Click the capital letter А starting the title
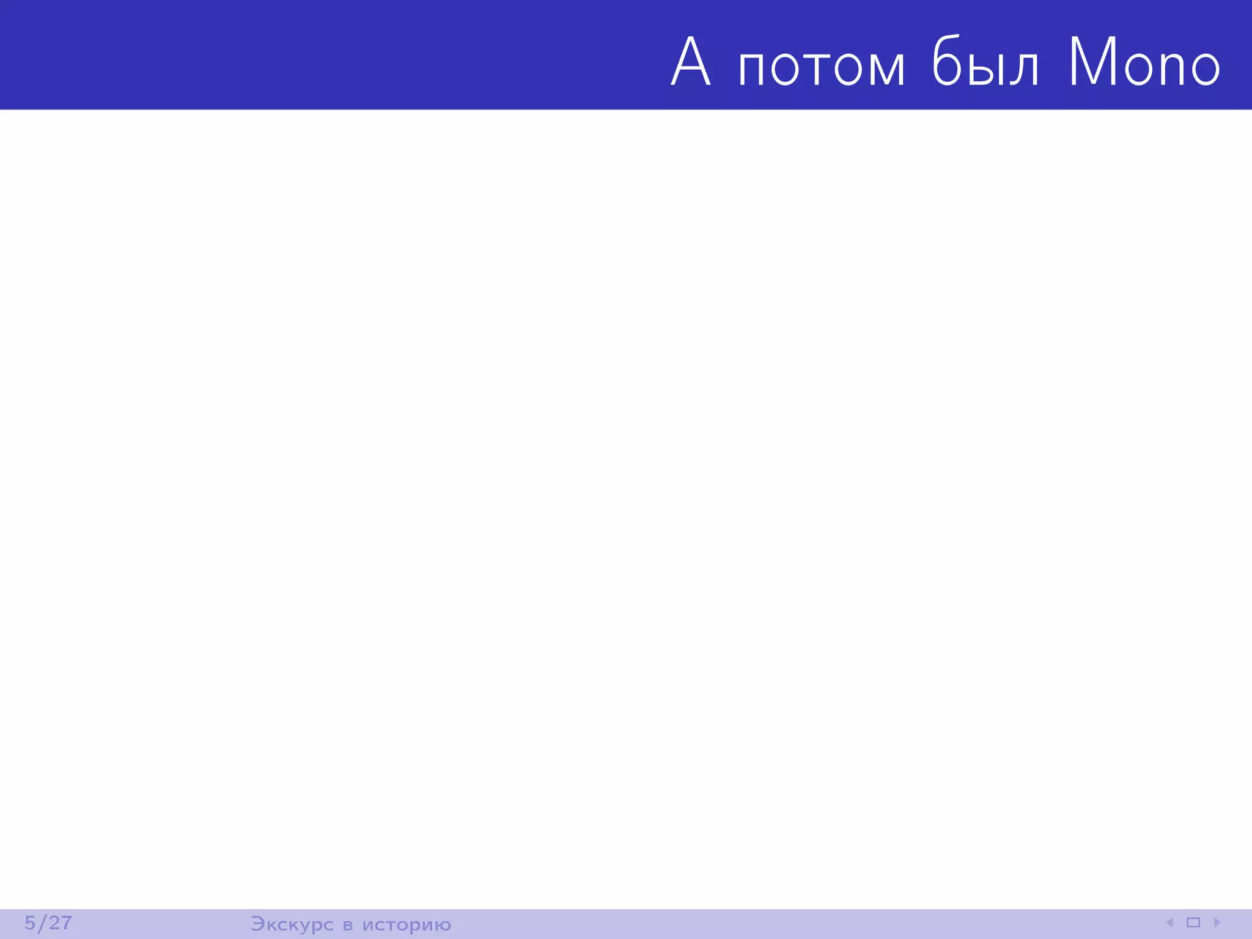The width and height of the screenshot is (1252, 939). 691,62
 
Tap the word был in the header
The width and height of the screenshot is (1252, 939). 985,62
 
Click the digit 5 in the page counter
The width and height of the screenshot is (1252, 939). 30,922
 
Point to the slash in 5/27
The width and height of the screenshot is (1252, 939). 42,923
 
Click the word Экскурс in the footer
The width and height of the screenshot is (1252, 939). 292,924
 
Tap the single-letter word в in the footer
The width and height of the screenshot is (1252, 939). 348,925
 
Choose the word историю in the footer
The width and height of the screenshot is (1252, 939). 407,925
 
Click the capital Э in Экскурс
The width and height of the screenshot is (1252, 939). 257,924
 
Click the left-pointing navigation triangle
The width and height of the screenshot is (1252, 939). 1169,922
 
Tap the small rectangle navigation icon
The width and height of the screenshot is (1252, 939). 1193,922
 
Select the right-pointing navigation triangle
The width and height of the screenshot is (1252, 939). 1217,922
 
